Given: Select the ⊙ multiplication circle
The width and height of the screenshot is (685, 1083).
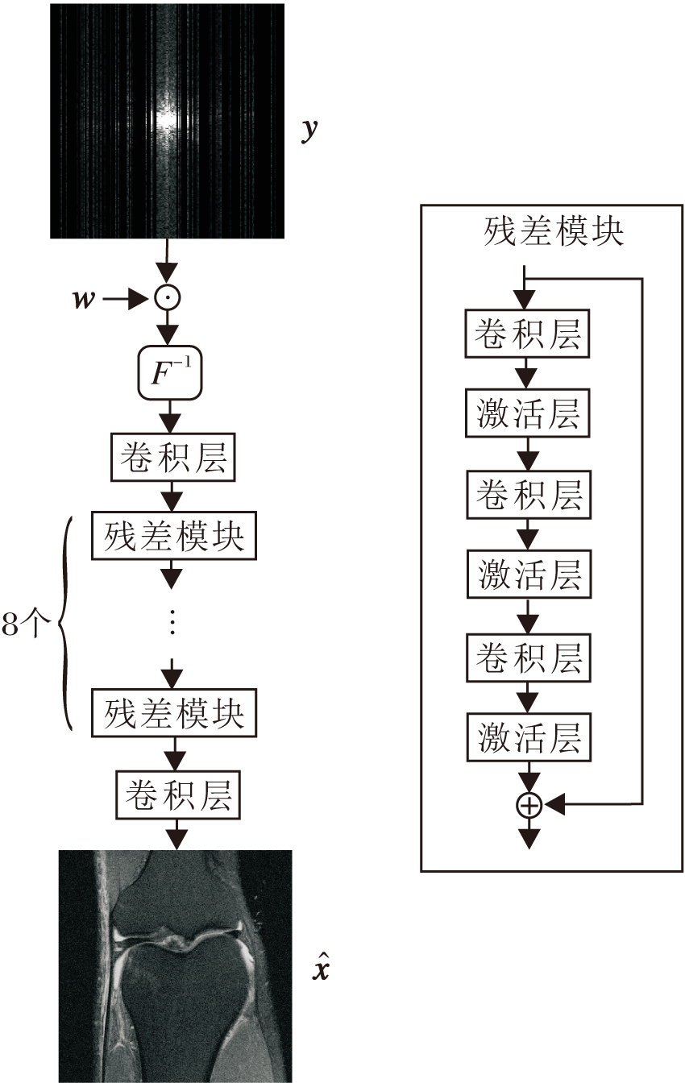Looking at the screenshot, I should pyautogui.click(x=168, y=299).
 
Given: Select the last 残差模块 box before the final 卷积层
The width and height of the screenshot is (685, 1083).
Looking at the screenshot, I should pyautogui.click(x=173, y=712).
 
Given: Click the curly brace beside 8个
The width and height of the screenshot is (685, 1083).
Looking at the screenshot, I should pyautogui.click(x=66, y=624).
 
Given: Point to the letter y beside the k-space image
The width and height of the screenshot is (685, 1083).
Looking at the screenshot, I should pyautogui.click(x=307, y=132).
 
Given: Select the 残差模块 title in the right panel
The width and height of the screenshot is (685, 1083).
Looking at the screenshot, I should pyautogui.click(x=553, y=232).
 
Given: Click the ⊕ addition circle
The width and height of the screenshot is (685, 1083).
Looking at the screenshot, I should pyautogui.click(x=529, y=804).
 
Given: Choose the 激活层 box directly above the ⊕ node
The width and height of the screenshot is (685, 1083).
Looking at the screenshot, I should pyautogui.click(x=529, y=737).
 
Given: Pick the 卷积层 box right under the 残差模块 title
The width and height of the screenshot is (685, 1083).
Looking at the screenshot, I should pyautogui.click(x=529, y=336).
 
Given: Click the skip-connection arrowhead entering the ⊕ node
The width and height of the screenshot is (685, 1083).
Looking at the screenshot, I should pyautogui.click(x=556, y=804).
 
